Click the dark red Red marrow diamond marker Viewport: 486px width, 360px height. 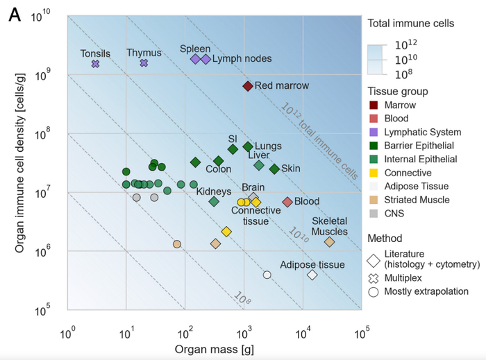pos(247,86)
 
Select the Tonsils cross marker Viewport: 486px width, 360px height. pos(95,64)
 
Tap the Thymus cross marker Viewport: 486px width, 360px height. pos(144,63)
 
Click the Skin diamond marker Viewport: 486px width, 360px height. pos(274,169)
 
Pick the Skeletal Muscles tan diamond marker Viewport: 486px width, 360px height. pos(329,242)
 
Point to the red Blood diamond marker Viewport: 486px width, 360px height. pos(287,202)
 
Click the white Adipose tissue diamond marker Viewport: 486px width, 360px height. pos(312,275)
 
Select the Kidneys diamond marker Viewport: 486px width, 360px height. pos(214,202)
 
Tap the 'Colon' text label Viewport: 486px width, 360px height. pos(218,169)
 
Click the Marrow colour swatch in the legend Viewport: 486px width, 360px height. pos(374,105)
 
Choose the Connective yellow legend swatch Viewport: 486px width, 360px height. pos(374,173)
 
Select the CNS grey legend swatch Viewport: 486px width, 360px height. pos(374,213)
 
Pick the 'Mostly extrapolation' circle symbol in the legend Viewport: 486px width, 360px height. pos(374,292)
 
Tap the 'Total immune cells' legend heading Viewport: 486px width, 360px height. pos(410,23)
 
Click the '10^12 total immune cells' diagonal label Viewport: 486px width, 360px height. pos(319,142)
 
